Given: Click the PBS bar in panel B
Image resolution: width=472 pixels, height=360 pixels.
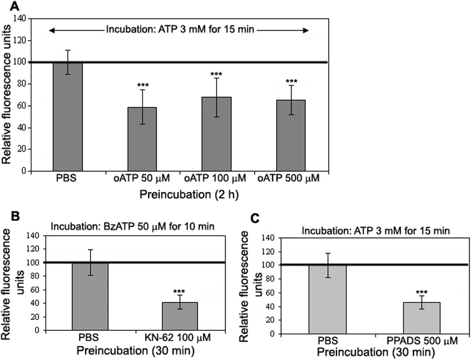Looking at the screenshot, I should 90,296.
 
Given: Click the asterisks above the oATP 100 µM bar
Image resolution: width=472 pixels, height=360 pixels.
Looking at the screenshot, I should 217,74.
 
